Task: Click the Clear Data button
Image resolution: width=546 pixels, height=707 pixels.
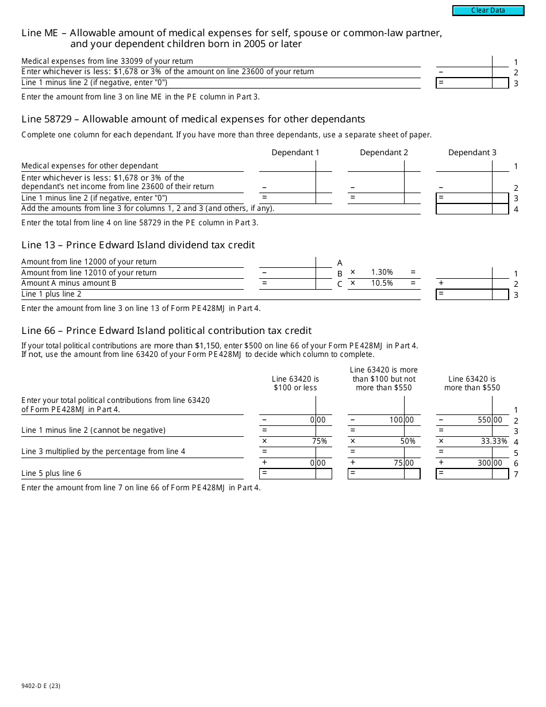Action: [x=488, y=10]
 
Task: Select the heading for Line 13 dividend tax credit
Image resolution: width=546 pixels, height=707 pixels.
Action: [x=138, y=245]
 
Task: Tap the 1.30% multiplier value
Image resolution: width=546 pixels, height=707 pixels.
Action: [x=382, y=272]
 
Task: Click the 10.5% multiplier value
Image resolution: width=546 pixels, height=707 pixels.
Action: [x=382, y=283]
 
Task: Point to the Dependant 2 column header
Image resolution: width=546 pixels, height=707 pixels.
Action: [x=384, y=152]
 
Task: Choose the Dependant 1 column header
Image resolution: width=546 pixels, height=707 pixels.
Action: [x=295, y=152]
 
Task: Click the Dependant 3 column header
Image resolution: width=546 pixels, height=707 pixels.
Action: [x=472, y=152]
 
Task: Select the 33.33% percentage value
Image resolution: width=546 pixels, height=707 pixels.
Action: [x=494, y=441]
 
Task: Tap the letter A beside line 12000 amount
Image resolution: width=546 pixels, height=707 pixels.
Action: [x=340, y=263]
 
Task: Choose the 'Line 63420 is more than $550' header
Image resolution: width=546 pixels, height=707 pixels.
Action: [x=472, y=383]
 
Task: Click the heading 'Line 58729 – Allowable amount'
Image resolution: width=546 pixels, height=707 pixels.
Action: [x=193, y=120]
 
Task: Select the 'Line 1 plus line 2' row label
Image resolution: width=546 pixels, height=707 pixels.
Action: [x=51, y=294]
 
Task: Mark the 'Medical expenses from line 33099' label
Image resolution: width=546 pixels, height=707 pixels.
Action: [x=107, y=61]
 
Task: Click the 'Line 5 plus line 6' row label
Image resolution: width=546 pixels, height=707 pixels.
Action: [x=51, y=474]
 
